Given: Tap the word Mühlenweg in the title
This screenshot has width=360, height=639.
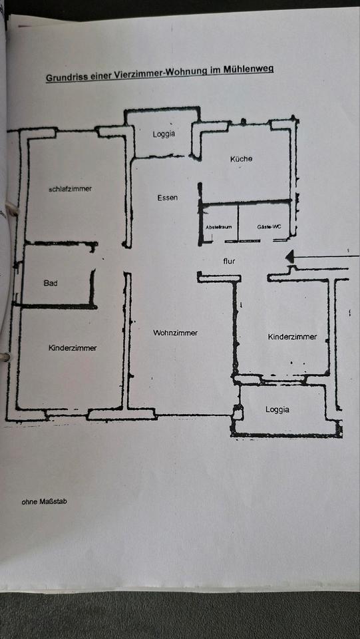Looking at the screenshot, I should (248, 69).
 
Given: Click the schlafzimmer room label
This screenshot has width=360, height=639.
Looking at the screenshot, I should (70, 189).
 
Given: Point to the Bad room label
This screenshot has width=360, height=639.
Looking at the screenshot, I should (51, 283).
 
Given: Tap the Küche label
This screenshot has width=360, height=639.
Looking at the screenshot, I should (241, 159).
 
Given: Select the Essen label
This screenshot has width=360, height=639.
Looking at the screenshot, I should (167, 198).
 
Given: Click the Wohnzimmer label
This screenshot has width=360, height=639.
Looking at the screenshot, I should (175, 333).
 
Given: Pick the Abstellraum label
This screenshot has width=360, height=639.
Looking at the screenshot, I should (218, 227).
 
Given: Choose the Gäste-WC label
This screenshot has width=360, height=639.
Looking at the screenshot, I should (269, 227).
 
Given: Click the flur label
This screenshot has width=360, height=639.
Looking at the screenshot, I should (229, 262).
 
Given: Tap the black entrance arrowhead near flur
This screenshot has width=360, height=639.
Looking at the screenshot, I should (290, 256).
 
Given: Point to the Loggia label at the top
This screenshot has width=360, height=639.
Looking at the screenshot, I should (164, 134).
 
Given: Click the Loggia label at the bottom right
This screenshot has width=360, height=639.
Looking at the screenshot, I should (277, 409).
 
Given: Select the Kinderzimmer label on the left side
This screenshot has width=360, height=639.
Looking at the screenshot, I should (73, 348).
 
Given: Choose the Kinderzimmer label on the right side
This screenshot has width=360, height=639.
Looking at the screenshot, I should (292, 337).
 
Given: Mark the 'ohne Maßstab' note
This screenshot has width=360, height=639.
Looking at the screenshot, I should (44, 501).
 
